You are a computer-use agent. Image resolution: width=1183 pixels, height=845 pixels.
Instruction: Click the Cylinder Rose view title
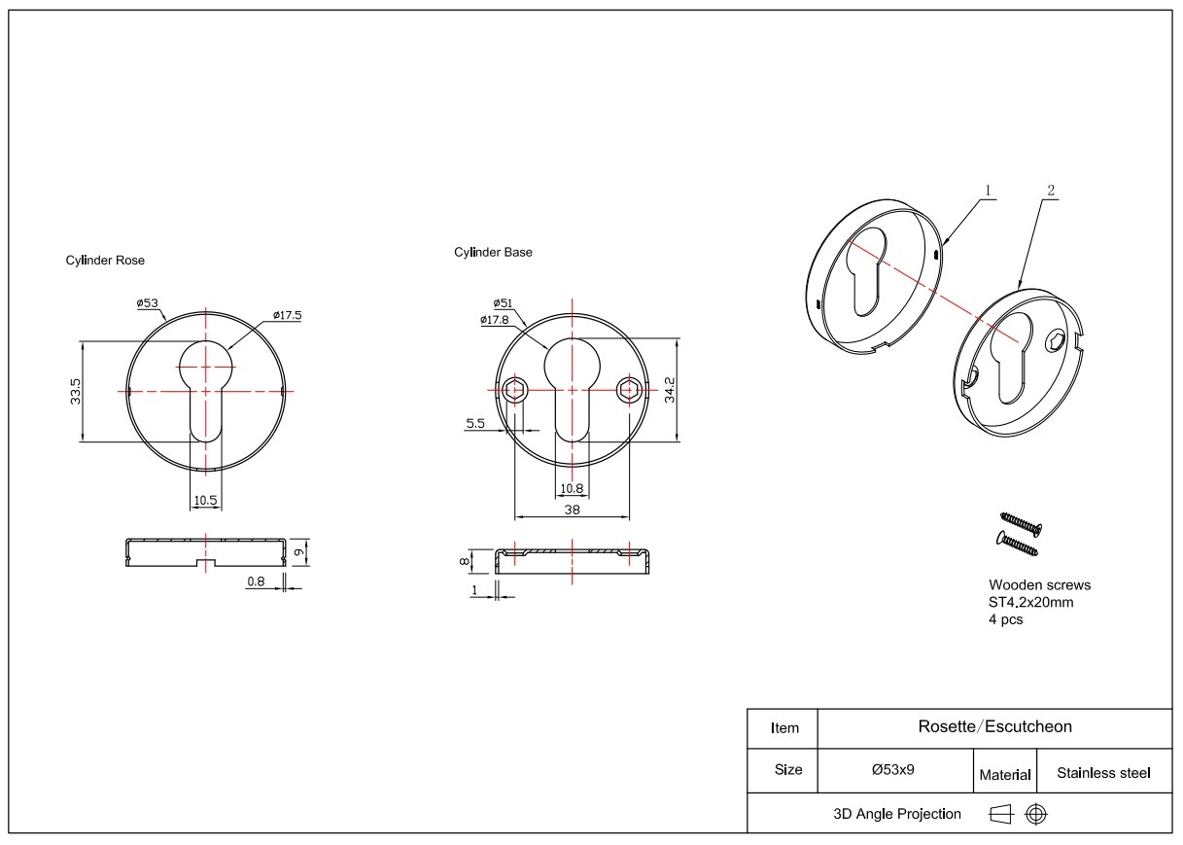click(105, 260)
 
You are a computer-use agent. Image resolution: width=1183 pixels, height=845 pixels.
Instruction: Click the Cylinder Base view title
click(493, 252)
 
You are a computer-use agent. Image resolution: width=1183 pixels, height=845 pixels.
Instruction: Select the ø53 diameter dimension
click(148, 302)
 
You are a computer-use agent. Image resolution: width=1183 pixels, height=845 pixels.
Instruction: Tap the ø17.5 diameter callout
click(288, 315)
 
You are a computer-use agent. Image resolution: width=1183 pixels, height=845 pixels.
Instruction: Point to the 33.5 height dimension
click(76, 391)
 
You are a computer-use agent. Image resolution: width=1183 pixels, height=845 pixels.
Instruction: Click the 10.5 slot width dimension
click(205, 500)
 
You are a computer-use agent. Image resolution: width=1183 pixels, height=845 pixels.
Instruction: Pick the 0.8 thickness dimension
click(257, 581)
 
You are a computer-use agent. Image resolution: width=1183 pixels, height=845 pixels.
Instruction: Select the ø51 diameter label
click(503, 302)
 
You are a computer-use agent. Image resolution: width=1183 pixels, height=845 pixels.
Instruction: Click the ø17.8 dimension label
click(495, 320)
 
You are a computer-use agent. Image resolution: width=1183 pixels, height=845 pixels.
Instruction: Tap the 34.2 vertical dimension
click(670, 390)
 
